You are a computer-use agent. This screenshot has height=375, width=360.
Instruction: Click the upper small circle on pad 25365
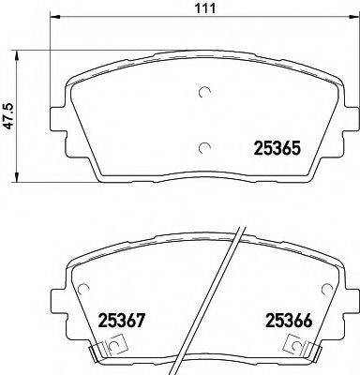pyautogui.click(x=206, y=93)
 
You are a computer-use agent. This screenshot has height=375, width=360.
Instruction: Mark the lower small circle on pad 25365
pyautogui.click(x=206, y=145)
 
